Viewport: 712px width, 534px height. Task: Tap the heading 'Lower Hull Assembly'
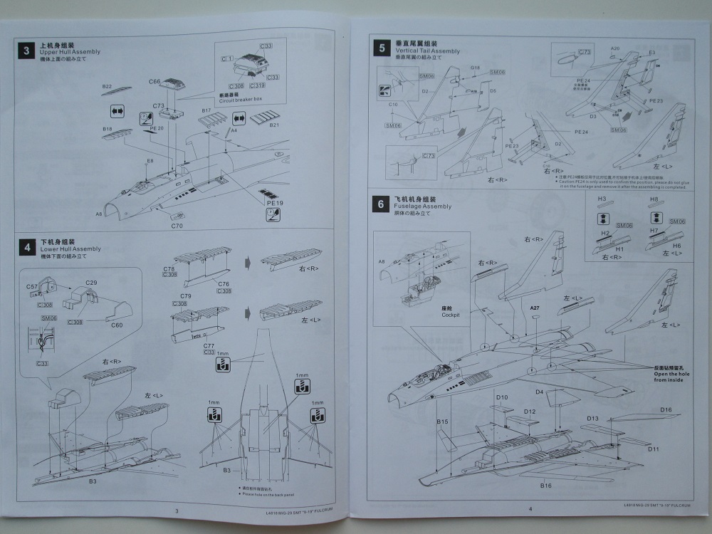click(70, 249)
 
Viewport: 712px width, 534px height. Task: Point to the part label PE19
click(268, 203)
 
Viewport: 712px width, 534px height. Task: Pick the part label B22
click(107, 87)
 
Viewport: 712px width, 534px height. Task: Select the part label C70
click(177, 226)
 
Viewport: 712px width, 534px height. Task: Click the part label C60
click(118, 325)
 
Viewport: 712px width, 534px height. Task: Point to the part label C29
click(91, 283)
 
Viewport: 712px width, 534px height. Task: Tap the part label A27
click(535, 307)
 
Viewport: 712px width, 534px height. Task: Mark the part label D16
click(666, 409)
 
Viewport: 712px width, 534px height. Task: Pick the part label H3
click(602, 199)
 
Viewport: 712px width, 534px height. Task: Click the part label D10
click(502, 397)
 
